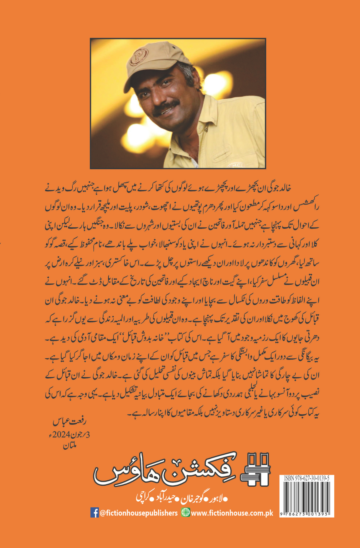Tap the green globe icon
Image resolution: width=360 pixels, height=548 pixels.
click(186, 513)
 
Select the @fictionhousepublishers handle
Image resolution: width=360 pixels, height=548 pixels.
click(139, 513)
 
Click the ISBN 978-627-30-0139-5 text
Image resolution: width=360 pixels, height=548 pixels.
click(306, 478)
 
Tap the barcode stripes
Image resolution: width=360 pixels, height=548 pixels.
click(306, 496)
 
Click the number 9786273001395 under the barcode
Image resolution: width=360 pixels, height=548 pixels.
click(306, 514)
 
